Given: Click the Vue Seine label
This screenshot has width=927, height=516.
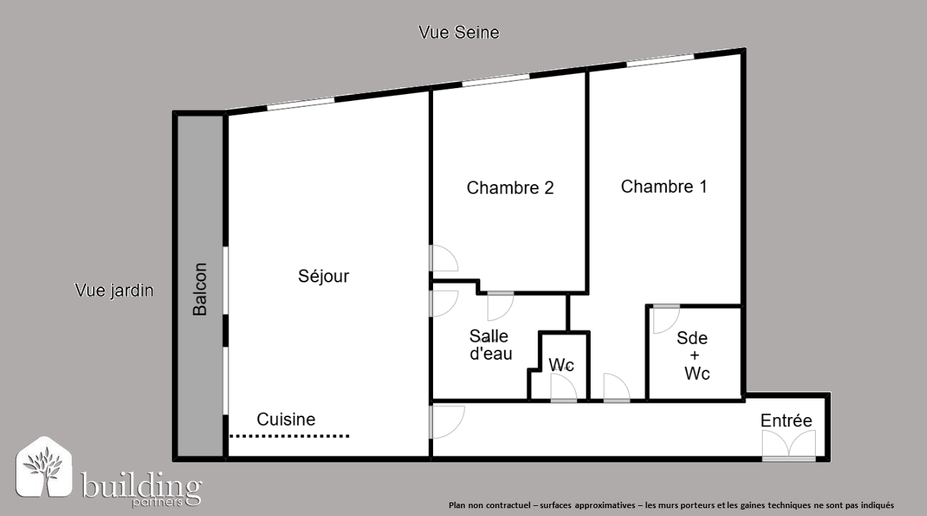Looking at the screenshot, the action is pos(459,32).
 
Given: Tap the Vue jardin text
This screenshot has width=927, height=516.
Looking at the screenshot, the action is pos(114,290).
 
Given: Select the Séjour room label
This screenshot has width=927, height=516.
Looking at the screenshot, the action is pos(323,276).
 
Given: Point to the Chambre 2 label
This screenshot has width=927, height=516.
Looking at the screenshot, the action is pos(510,188).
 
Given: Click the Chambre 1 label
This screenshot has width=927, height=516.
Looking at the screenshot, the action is pos(664,186).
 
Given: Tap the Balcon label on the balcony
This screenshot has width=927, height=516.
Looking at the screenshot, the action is pos(200,290).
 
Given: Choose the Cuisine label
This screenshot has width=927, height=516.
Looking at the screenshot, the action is pos(286,419).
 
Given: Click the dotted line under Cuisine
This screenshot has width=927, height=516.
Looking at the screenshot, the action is pos(290,436).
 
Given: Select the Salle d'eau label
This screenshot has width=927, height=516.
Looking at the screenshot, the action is pos(491,345).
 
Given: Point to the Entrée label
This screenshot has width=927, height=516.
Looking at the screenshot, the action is pos(786,421).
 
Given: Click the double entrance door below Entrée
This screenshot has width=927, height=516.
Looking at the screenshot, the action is pos(789,445).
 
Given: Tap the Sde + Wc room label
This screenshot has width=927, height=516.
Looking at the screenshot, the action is pos(693,356).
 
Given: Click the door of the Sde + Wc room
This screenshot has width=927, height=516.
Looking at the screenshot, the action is pos(666,319).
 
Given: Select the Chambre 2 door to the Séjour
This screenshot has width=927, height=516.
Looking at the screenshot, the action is pos(444,258).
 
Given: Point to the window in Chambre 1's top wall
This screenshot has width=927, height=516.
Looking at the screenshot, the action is pos(660,59).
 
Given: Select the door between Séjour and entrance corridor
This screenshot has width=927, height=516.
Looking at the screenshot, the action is pos(447,422).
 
